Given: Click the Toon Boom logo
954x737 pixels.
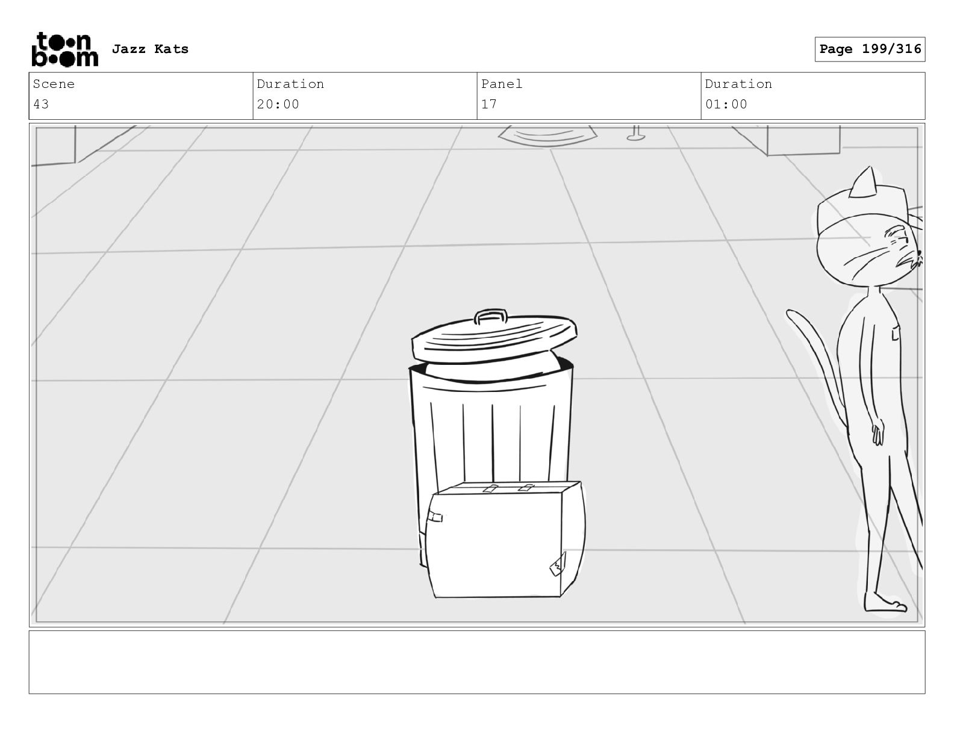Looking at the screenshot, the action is click(65, 49).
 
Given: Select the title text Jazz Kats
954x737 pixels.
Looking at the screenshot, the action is click(150, 49).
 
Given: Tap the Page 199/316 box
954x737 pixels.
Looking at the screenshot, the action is click(870, 49).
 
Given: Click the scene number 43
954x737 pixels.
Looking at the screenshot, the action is click(41, 104).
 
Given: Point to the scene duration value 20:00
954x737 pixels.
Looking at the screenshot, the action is click(278, 104).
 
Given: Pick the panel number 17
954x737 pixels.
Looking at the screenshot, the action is click(488, 104).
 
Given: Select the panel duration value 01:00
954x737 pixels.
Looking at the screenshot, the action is click(726, 104).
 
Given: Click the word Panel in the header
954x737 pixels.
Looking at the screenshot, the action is click(501, 84).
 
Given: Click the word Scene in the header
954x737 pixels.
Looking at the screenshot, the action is click(54, 84).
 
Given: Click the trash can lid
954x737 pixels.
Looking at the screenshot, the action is click(494, 338).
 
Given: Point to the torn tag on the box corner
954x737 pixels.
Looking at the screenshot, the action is click(557, 565).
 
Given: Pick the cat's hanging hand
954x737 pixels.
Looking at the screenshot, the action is click(878, 432).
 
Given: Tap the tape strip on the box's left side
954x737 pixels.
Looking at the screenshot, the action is click(435, 517).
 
